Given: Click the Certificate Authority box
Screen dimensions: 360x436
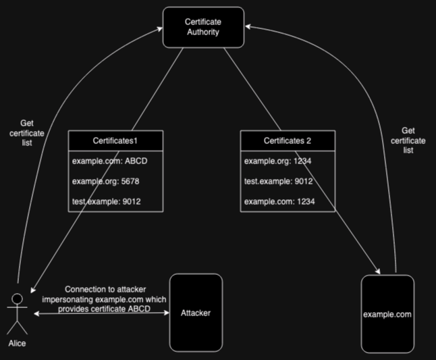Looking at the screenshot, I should click(x=203, y=27).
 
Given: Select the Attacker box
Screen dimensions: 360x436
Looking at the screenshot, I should click(x=196, y=313).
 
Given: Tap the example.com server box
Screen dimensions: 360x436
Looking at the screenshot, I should click(x=387, y=314).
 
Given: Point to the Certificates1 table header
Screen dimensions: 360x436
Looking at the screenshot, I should click(x=115, y=140).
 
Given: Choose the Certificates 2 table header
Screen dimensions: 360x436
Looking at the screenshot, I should click(x=287, y=140).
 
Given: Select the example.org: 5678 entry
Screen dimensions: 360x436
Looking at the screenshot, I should click(x=105, y=182).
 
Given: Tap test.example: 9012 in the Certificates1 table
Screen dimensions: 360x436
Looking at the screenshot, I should click(x=107, y=202).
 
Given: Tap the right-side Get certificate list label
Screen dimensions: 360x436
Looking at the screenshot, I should click(x=408, y=140).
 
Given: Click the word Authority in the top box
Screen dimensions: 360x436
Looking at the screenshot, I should click(x=203, y=32).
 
